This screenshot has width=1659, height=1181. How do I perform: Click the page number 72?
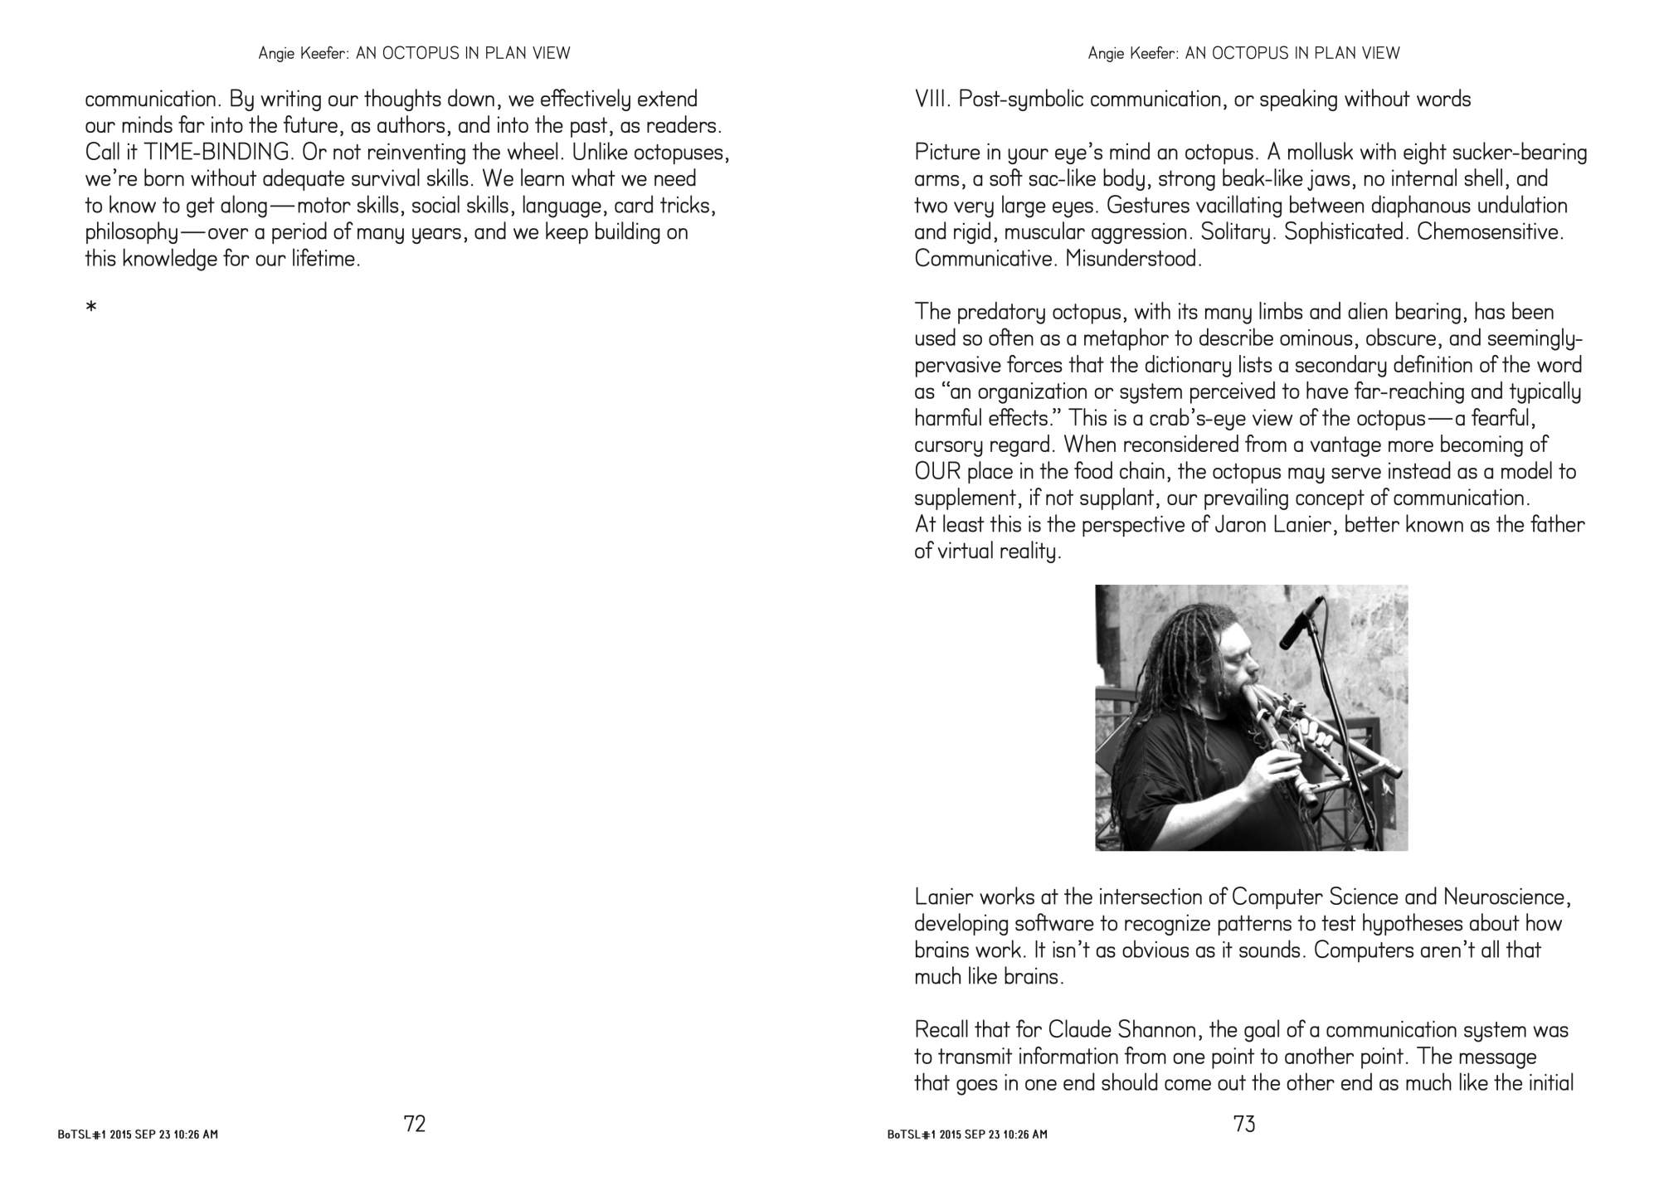click(414, 1124)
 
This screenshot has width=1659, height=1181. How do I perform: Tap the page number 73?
click(1244, 1124)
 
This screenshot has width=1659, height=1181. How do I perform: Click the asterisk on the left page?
click(91, 309)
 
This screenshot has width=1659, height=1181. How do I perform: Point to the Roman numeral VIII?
click(932, 100)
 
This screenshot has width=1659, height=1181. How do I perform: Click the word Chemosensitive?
click(1490, 232)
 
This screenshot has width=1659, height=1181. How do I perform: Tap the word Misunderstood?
click(1133, 259)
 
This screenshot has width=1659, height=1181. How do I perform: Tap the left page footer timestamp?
click(138, 1134)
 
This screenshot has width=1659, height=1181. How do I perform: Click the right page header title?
click(1243, 53)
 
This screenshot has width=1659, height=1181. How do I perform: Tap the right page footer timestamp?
click(967, 1134)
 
